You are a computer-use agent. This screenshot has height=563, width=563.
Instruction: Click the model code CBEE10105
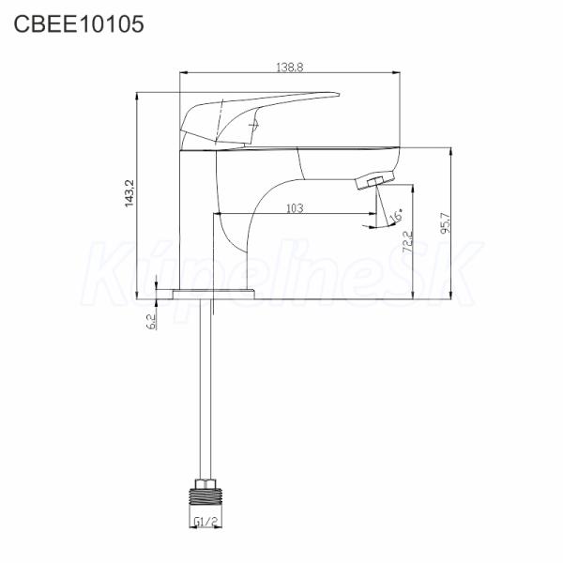point(79,24)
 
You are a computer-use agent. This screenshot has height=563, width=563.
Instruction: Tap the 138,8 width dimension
point(290,68)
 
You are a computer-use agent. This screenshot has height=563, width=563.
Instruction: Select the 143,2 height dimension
point(129,193)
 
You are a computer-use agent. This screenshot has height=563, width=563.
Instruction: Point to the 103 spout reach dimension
point(295,208)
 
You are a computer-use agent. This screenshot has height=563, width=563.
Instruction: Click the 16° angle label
point(396,215)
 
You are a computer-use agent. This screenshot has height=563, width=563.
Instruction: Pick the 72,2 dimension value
point(407,242)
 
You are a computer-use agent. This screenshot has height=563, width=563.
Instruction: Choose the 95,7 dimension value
point(445,223)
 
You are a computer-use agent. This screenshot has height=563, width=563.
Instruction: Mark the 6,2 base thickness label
point(151,321)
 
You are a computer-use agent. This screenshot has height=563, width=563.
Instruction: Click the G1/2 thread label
point(205,522)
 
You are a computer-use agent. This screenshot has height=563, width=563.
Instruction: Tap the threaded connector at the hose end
point(205,496)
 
